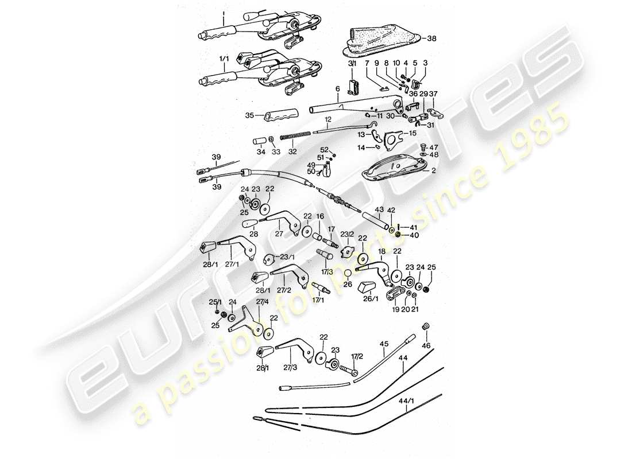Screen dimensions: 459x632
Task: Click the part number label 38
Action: [433, 39]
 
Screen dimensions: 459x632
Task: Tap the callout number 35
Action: [249, 115]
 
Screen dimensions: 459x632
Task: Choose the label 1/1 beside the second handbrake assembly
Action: [223, 59]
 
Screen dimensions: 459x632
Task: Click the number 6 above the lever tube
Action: [337, 89]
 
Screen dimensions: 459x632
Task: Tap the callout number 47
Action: [434, 147]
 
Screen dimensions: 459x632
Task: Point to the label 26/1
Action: [371, 298]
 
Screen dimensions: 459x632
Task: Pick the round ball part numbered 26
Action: [348, 274]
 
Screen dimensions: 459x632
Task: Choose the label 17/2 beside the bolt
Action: [357, 356]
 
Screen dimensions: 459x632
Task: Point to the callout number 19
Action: [395, 310]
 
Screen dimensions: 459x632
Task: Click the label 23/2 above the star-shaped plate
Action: [348, 234]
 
